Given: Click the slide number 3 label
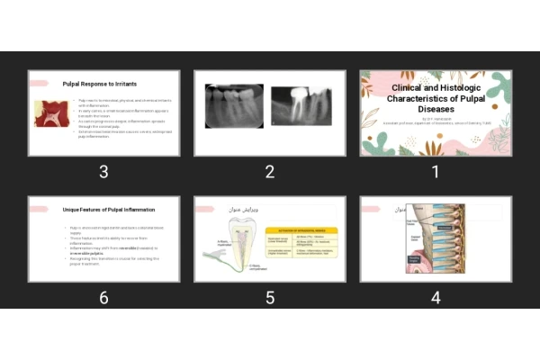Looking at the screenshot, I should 103,172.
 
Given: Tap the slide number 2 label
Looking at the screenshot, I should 269,172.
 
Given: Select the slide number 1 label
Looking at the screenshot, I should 436,172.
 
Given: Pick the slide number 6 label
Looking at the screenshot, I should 103,298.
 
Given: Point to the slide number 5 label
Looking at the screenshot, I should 269,298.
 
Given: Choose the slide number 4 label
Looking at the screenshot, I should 436,298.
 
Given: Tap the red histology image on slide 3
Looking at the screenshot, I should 53,113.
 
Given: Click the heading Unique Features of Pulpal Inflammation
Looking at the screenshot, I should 110,209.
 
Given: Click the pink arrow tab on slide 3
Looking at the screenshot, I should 38,83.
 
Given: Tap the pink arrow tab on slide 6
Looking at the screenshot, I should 38,209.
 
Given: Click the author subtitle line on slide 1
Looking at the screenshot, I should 436,121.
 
